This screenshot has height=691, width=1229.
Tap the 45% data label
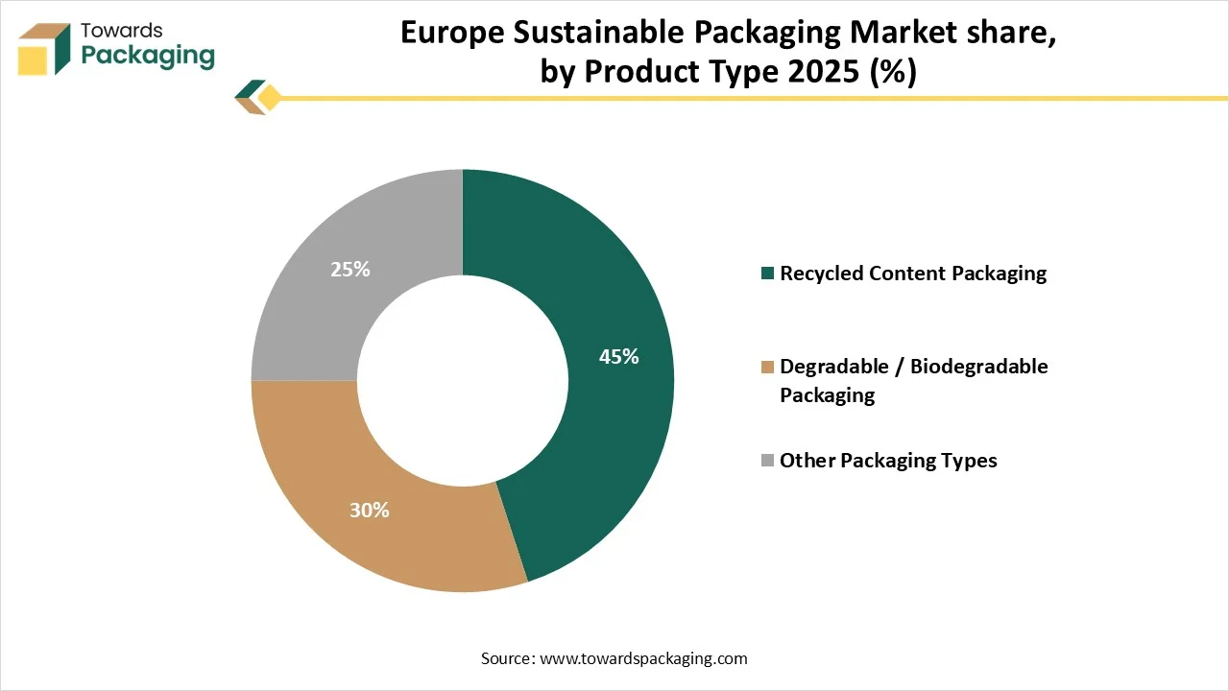pos(618,357)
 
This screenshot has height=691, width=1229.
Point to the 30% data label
pos(369,511)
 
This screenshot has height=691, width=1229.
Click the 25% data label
pos(349,270)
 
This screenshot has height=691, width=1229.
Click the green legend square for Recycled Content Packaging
pos(767,274)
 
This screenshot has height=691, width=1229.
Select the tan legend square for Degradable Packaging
pos(767,367)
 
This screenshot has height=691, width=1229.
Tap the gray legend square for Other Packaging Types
pos(767,461)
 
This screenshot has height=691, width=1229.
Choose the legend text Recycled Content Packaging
pos(912,274)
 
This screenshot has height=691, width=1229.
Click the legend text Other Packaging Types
pos(888,461)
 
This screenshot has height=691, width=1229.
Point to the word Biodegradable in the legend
pos(978,367)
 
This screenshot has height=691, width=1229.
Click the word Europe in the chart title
pos(453,33)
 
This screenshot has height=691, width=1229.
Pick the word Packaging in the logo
pos(148,56)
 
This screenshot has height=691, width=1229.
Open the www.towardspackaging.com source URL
pos(643,658)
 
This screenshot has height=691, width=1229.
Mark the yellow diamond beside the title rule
pos(270,97)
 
